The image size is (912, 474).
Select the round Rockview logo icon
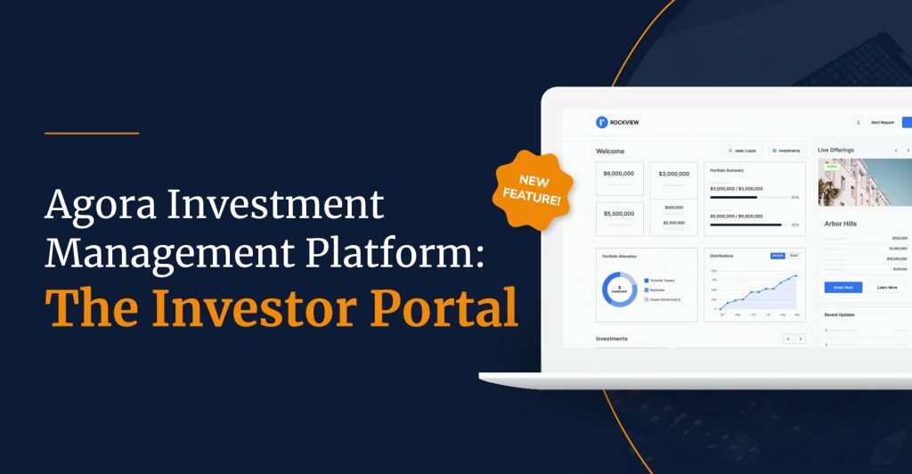point(601,121)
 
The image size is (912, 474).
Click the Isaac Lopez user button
point(743,151)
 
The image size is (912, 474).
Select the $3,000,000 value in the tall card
point(673,174)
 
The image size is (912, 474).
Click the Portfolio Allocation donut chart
point(620,290)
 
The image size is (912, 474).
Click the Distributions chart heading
point(722,256)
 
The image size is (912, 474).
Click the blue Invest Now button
point(843,288)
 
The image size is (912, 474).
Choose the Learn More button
point(887,288)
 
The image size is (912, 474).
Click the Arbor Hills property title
point(841,224)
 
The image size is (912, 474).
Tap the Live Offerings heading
point(836,151)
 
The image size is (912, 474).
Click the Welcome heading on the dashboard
point(610,151)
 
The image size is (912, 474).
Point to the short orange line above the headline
point(92,134)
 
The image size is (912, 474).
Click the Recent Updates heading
point(840,315)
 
